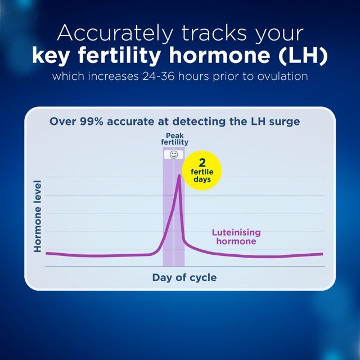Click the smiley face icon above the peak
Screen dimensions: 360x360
(174, 154)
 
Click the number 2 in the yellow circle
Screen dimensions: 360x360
(202, 162)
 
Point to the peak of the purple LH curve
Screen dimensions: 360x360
(179, 175)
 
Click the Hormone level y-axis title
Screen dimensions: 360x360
(38, 216)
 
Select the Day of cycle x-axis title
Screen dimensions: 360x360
(184, 277)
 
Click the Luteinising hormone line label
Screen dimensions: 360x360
(236, 237)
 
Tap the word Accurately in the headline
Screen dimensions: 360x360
(114, 33)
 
